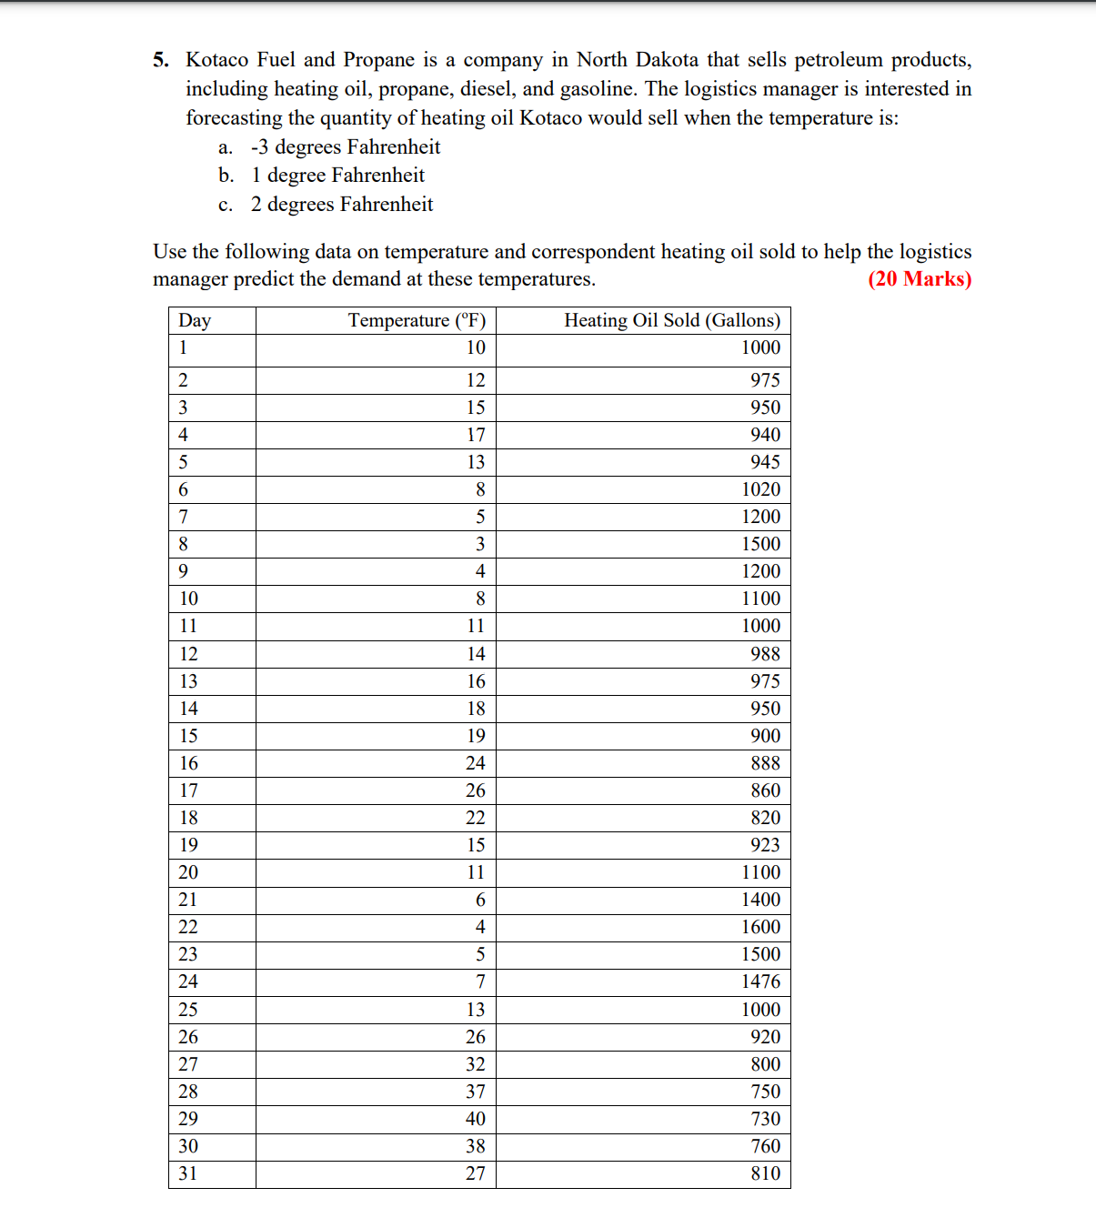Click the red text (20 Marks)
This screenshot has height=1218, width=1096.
click(920, 279)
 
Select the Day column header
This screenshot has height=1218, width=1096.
click(195, 320)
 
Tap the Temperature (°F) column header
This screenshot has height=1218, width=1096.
click(417, 320)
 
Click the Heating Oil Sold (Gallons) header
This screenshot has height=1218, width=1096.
click(672, 320)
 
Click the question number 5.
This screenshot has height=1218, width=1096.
click(161, 60)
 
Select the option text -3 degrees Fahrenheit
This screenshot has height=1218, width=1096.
click(346, 147)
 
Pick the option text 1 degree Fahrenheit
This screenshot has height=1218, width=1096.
click(337, 176)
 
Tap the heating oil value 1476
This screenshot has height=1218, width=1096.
click(760, 982)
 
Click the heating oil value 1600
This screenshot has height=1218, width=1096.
click(760, 928)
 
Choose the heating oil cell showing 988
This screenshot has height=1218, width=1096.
click(765, 654)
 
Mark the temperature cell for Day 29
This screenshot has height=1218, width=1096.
click(476, 1119)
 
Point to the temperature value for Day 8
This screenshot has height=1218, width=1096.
click(480, 544)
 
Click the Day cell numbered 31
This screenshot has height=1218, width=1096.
click(188, 1173)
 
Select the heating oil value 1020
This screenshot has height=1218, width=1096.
click(760, 489)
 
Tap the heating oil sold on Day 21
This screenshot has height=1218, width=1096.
click(760, 901)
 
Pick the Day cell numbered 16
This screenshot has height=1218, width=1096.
click(188, 763)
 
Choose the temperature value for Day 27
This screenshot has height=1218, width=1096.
click(476, 1064)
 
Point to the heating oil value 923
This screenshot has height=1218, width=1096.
click(765, 845)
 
